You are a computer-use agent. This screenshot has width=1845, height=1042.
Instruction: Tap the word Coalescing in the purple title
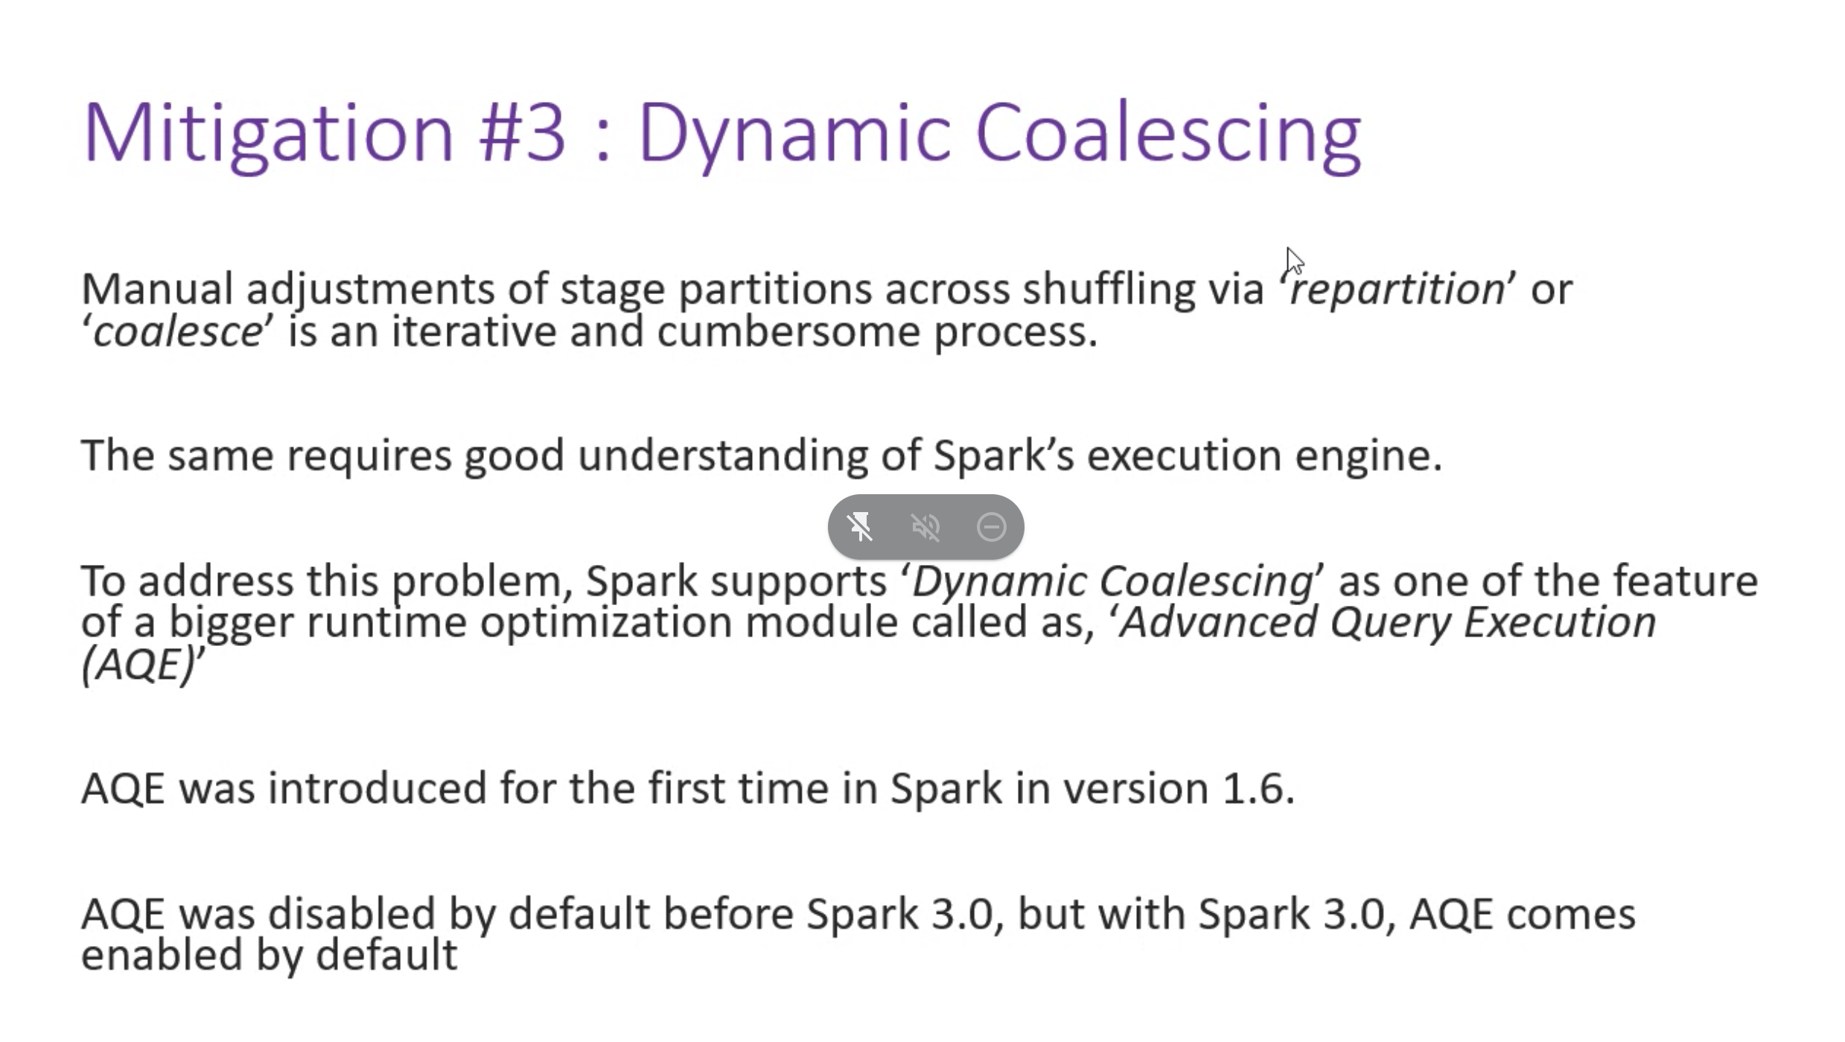coord(1168,134)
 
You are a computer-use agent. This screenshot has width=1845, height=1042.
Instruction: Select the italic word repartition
coord(1397,289)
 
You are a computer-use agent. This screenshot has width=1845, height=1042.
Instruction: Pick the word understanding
coord(722,456)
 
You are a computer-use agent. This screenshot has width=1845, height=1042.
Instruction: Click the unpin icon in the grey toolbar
coord(860,527)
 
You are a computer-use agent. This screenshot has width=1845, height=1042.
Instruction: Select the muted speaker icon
coord(925,527)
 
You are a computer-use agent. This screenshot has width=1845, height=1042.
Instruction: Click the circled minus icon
coord(991,527)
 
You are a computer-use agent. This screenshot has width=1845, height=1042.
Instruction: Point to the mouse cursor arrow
coord(1294,261)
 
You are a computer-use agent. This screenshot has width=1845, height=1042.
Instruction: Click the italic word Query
coord(1390,622)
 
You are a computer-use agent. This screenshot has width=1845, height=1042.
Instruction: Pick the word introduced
coord(377,788)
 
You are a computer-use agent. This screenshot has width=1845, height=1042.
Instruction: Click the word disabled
coord(351,913)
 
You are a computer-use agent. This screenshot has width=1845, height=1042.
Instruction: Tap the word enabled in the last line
coord(162,955)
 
